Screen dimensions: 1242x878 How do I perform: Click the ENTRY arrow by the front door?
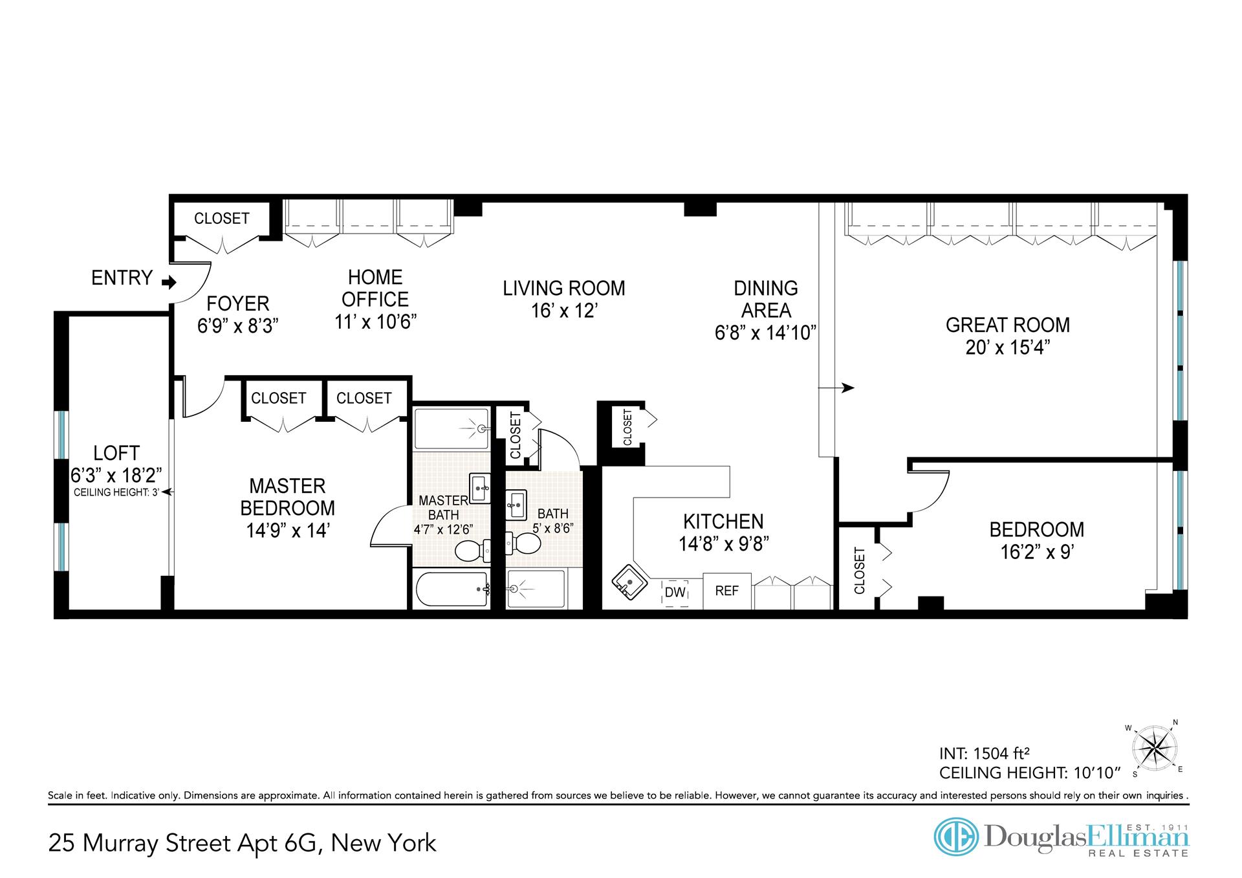click(169, 282)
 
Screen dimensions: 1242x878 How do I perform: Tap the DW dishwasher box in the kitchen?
click(675, 592)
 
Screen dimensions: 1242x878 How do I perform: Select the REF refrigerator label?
click(727, 591)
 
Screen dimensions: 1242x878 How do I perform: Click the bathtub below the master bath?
click(452, 589)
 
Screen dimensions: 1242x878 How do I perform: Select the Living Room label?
click(564, 289)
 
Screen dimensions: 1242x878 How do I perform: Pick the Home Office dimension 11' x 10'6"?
click(375, 322)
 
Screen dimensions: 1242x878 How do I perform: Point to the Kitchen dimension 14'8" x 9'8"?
click(723, 544)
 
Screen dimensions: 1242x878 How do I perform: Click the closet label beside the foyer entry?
click(222, 219)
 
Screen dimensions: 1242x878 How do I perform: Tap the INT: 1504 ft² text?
click(985, 754)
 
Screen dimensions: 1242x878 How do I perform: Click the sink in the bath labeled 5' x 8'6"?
click(516, 503)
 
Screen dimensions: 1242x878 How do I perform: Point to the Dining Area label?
click(766, 300)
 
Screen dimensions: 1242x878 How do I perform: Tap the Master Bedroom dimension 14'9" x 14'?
click(288, 531)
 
